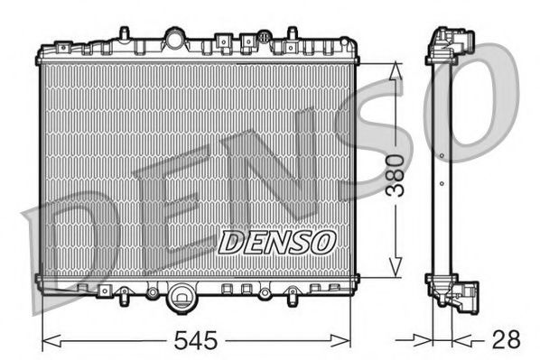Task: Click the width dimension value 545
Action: (197, 342)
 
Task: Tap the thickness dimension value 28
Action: (507, 342)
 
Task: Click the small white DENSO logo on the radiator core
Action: (278, 242)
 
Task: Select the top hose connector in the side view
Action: (457, 43)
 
